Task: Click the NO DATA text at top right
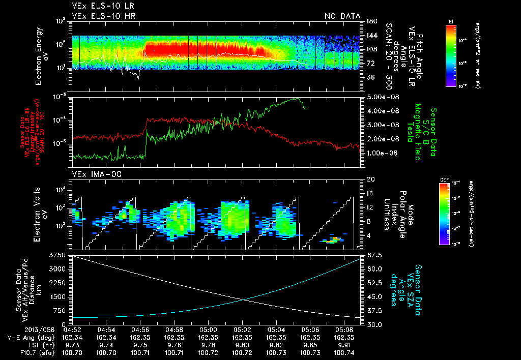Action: pos(342,16)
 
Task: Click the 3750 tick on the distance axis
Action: pos(59,255)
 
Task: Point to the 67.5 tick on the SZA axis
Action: pos(372,255)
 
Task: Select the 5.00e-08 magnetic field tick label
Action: pos(381,97)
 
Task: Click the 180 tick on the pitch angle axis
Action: pos(370,21)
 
